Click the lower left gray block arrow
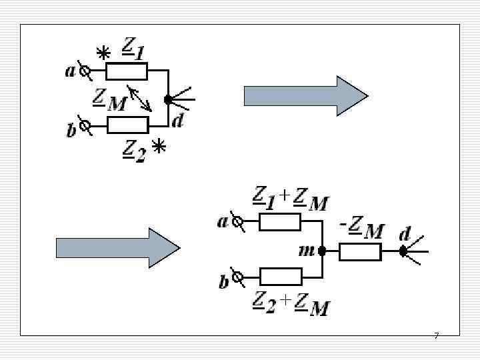coord(117,248)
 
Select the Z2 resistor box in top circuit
coord(127,125)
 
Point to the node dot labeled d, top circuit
coord(168,100)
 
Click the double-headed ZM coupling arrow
coord(139,98)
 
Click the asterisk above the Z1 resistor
coord(103,53)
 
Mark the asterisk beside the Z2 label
coord(159,146)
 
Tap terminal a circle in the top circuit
coord(85,69)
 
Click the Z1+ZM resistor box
coord(280,221)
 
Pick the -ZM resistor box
coord(360,251)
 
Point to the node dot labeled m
coord(322,251)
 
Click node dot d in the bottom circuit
coord(403,251)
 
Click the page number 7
coord(436,335)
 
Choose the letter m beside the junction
coord(307,251)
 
